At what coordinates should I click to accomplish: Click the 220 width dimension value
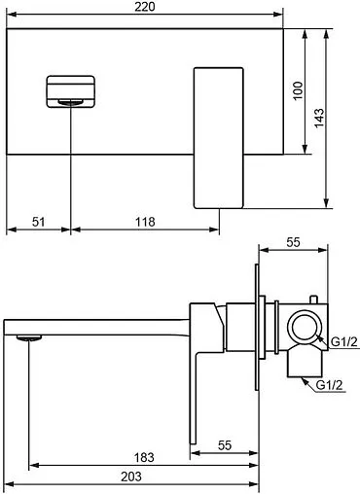click(x=145, y=7)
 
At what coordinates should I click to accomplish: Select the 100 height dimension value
click(x=298, y=90)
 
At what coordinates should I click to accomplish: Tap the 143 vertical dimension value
click(x=319, y=118)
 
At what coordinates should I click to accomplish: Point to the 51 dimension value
click(x=38, y=222)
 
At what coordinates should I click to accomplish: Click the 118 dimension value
click(x=145, y=222)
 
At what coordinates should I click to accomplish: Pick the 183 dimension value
click(x=144, y=457)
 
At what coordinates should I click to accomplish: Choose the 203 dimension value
click(x=131, y=476)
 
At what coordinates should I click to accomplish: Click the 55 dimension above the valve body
click(x=293, y=242)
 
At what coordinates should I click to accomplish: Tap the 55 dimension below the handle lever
click(x=225, y=445)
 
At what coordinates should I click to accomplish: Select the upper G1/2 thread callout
click(x=344, y=341)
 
